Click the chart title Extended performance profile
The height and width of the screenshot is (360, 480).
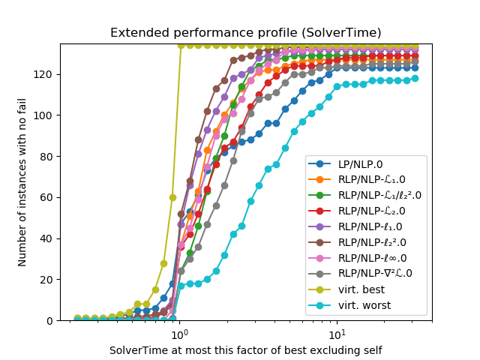pyautogui.click(x=245, y=33)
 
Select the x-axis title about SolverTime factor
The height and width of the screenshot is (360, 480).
pyautogui.click(x=245, y=350)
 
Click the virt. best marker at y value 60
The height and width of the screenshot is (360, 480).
pyautogui.click(x=172, y=197)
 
